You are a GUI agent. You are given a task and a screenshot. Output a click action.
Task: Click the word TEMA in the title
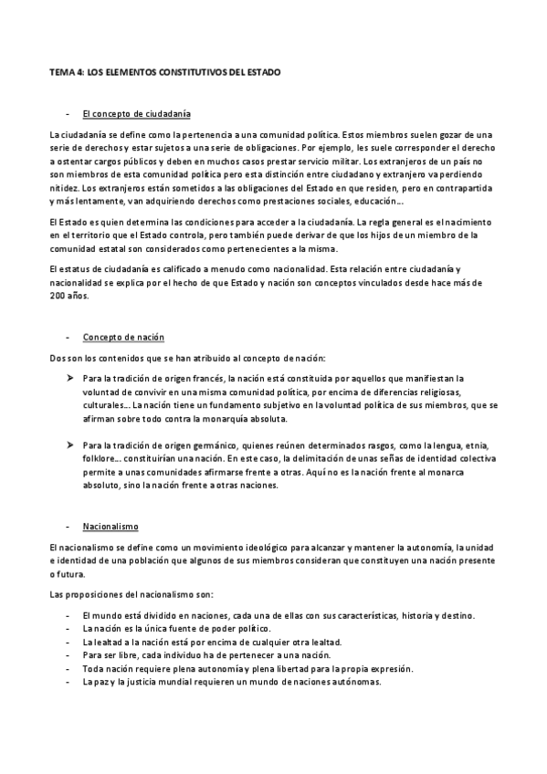click(60, 70)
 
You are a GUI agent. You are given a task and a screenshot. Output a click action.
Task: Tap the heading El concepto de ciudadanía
click(136, 113)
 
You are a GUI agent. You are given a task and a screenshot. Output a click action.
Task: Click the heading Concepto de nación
click(123, 337)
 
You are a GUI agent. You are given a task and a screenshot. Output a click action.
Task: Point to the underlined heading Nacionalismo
click(110, 527)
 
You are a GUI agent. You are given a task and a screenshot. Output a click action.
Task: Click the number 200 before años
click(58, 297)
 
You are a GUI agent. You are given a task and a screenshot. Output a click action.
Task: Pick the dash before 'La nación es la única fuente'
click(68, 630)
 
